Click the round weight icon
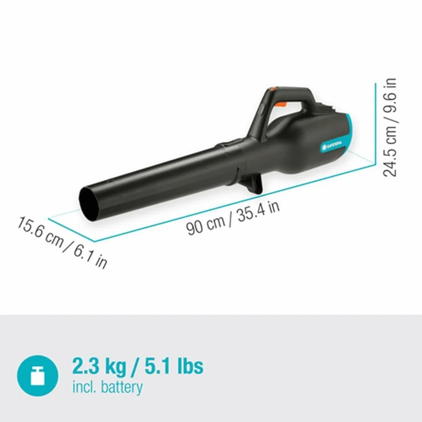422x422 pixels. pyautogui.click(x=38, y=375)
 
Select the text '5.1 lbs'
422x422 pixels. pyautogui.click(x=174, y=366)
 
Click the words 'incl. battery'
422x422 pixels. pyautogui.click(x=108, y=387)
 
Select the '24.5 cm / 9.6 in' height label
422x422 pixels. pyautogui.click(x=389, y=127)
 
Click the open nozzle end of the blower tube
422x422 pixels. pyautogui.click(x=90, y=205)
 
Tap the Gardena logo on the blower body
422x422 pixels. pyautogui.click(x=331, y=146)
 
